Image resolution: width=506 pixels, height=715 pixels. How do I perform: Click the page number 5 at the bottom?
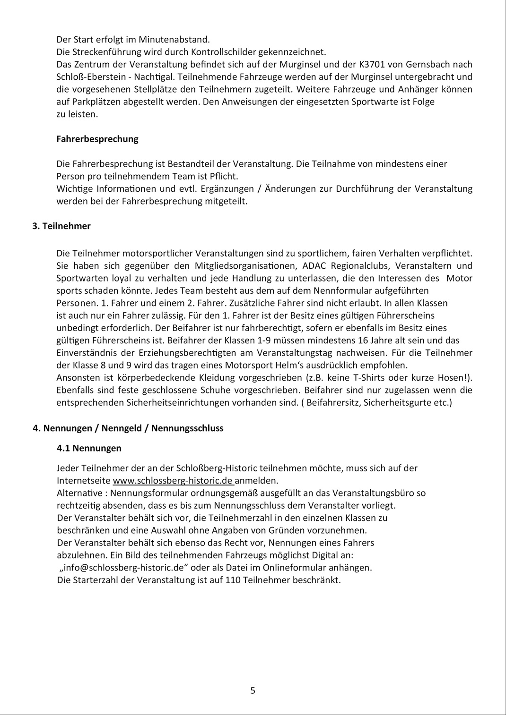[x=253, y=690]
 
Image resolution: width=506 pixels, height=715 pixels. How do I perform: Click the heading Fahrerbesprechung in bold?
[x=97, y=139]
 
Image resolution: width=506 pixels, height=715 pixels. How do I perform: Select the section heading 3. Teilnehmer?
[x=61, y=226]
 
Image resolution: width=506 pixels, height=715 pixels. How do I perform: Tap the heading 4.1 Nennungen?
[x=89, y=448]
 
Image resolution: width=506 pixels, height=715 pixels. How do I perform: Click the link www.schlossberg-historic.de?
[x=173, y=481]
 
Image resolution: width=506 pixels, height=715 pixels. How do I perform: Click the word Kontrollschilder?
[x=223, y=52]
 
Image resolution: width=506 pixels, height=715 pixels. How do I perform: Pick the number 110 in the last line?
[x=233, y=580]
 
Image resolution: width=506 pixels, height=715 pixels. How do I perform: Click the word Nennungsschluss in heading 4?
[x=187, y=428]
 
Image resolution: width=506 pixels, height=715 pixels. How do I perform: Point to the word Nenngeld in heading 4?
[x=122, y=428]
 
